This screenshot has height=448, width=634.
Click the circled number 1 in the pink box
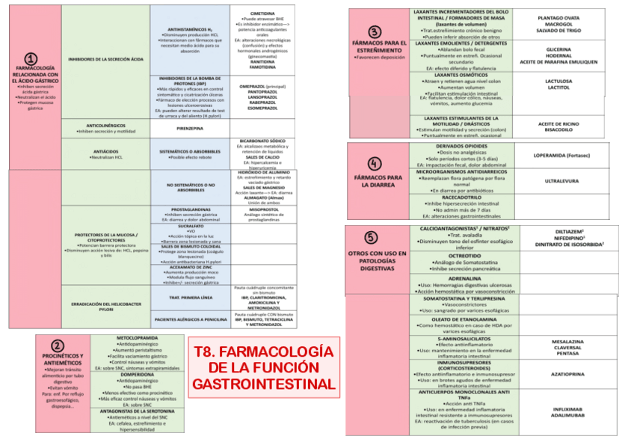(x=30, y=58)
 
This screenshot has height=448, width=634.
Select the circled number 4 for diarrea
(x=375, y=164)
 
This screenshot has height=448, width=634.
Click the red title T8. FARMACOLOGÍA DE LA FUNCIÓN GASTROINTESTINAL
(x=262, y=367)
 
